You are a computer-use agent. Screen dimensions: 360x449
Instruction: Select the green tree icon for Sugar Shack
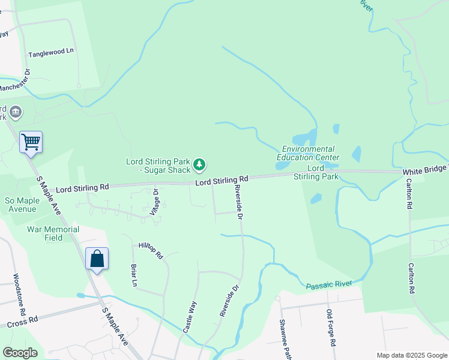pyautogui.click(x=200, y=164)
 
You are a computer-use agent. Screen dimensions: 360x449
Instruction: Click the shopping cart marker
pyautogui.click(x=31, y=143)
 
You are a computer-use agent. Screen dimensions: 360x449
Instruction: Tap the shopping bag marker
pyautogui.click(x=97, y=259)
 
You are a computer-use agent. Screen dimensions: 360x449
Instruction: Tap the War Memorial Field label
pyautogui.click(x=53, y=233)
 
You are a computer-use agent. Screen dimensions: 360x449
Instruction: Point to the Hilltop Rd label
pyautogui.click(x=151, y=250)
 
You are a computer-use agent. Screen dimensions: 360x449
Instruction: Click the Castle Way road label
pyautogui.click(x=189, y=317)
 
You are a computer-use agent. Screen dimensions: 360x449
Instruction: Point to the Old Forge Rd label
pyautogui.click(x=330, y=327)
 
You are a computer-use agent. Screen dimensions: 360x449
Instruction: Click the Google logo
pyautogui.click(x=20, y=352)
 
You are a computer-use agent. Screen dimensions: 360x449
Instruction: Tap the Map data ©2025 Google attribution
pyautogui.click(x=411, y=355)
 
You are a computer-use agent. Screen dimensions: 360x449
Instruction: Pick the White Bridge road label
pyautogui.click(x=425, y=171)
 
